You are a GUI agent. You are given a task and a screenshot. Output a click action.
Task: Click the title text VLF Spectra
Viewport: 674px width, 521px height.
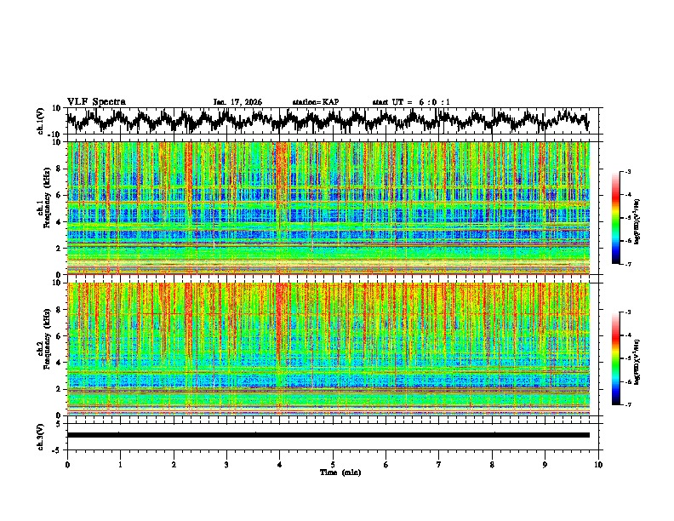click(x=96, y=102)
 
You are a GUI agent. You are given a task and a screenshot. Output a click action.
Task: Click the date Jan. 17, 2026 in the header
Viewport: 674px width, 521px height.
click(x=237, y=102)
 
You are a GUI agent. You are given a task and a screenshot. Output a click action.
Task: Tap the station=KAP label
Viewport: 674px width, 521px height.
click(x=316, y=102)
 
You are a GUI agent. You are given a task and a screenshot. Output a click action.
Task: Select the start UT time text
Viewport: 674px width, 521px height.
click(x=411, y=102)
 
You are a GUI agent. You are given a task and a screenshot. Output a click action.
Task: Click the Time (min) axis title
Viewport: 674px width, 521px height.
click(x=340, y=472)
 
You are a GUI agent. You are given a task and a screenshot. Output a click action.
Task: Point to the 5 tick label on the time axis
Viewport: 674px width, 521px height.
click(x=333, y=465)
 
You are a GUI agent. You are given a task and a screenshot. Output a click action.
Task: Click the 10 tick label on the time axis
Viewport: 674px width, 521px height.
click(x=598, y=465)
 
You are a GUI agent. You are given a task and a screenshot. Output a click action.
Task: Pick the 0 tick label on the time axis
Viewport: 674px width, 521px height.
click(x=67, y=465)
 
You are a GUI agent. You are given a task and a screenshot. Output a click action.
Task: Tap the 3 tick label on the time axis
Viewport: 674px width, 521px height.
click(x=226, y=465)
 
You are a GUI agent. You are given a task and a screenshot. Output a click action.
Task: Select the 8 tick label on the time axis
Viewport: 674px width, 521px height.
click(x=492, y=465)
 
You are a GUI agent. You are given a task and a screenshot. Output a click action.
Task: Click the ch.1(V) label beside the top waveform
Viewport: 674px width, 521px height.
click(x=40, y=121)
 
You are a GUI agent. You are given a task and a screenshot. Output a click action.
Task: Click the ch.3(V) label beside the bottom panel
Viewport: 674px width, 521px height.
click(x=40, y=434)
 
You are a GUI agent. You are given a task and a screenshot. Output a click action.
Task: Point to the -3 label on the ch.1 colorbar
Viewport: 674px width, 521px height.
click(x=628, y=172)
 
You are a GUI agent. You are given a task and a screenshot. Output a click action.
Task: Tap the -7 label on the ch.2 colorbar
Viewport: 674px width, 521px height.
click(x=628, y=405)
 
